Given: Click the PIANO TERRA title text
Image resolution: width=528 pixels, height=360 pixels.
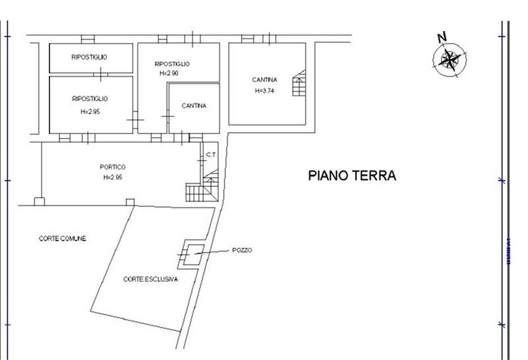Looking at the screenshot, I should pos(352,176).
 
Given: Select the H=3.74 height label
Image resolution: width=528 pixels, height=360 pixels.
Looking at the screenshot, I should pos(264,90).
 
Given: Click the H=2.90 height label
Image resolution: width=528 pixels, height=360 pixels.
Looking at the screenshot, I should pos(170,73).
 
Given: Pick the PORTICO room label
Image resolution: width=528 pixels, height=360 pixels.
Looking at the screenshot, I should pos(113,167).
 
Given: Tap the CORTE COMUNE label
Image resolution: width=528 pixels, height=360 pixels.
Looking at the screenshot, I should pos(63,238).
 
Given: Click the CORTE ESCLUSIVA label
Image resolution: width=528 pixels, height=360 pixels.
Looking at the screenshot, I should pos(150,279).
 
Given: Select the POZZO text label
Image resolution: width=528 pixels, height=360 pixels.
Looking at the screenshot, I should pos(242,250).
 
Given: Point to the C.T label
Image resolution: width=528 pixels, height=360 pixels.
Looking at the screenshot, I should pos(211,155).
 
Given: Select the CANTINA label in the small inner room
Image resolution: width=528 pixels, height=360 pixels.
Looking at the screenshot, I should pos(194,106).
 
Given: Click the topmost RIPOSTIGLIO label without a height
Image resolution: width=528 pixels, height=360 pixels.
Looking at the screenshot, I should pos(90,57).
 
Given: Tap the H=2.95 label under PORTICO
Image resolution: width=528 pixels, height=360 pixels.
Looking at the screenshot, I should pos(113,178).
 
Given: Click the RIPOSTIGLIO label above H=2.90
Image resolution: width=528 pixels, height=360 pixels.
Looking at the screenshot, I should pos(172,63).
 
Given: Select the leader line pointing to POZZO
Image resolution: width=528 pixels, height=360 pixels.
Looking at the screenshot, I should pos(213,252).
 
